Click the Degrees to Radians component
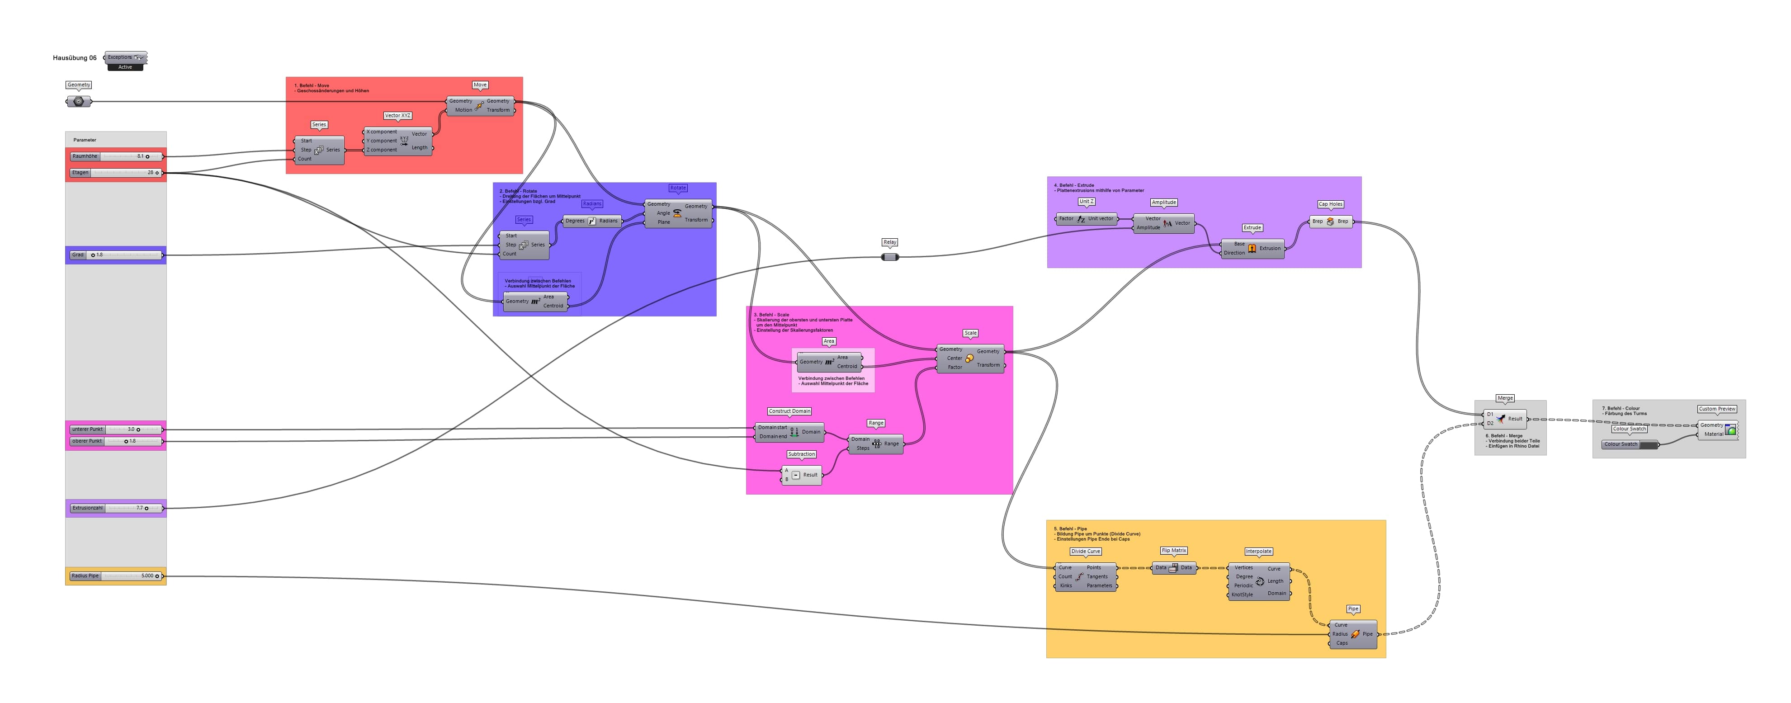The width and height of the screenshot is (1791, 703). (592, 221)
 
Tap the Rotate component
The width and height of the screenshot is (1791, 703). (677, 213)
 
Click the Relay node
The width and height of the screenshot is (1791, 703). (890, 257)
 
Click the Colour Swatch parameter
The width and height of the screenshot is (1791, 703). (1629, 444)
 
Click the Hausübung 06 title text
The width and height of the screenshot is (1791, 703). (75, 58)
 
